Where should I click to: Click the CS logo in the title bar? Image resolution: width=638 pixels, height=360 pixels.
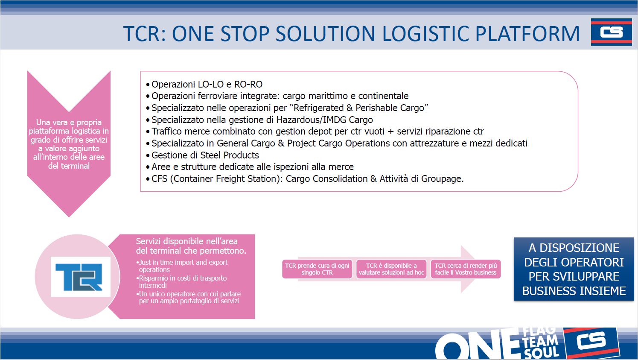(x=611, y=32)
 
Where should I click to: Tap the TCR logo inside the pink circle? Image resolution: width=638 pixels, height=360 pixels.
(x=81, y=277)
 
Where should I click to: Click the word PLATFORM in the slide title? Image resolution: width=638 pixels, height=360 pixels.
(x=527, y=34)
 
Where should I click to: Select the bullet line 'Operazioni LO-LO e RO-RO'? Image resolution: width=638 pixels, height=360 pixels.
(x=204, y=85)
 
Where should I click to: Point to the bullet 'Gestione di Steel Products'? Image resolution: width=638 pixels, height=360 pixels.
(x=203, y=155)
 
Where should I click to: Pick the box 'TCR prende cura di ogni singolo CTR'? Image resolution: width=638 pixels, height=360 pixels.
(x=317, y=269)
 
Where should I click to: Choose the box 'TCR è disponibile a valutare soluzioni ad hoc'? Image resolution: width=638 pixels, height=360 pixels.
(x=391, y=269)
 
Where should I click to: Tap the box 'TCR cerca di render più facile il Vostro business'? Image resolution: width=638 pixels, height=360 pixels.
(x=466, y=269)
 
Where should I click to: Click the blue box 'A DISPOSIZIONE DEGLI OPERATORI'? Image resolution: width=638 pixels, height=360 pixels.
(x=574, y=269)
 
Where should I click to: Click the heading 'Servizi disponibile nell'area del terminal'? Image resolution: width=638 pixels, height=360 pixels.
(x=191, y=246)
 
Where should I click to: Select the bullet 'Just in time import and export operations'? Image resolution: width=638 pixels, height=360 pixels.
(x=182, y=266)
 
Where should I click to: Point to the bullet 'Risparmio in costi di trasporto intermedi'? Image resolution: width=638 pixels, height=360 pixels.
(x=181, y=281)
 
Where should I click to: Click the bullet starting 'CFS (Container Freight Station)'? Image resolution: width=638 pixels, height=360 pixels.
(x=305, y=179)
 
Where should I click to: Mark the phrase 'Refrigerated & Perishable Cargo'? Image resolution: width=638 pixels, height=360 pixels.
(x=359, y=108)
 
